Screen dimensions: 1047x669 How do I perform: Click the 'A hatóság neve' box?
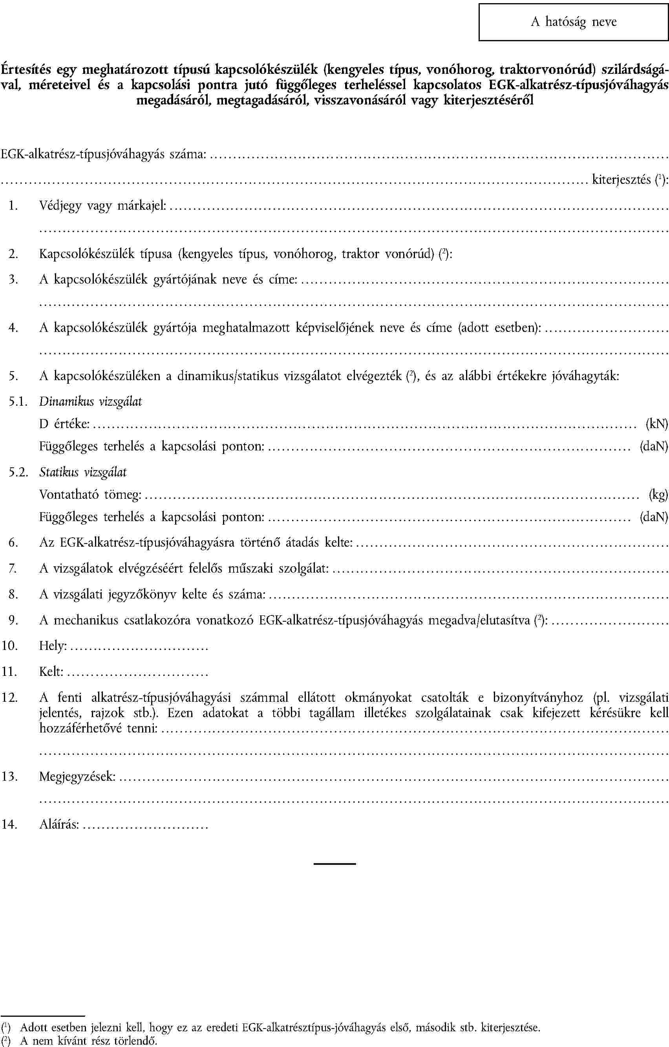pos(573,22)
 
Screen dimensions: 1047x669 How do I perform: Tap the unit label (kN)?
pos(656,423)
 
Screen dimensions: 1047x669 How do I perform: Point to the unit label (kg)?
pos(658,494)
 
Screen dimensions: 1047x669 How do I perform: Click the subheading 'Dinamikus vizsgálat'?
pos(90,401)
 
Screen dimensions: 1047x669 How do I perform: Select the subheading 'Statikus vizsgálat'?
pos(83,472)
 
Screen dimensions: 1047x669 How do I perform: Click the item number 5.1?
pos(17,402)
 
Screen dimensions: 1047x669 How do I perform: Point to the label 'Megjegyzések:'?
pos(77,776)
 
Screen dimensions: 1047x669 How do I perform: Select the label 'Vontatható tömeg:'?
pos(90,494)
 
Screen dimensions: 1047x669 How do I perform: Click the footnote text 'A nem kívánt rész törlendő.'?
pos(89,1040)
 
